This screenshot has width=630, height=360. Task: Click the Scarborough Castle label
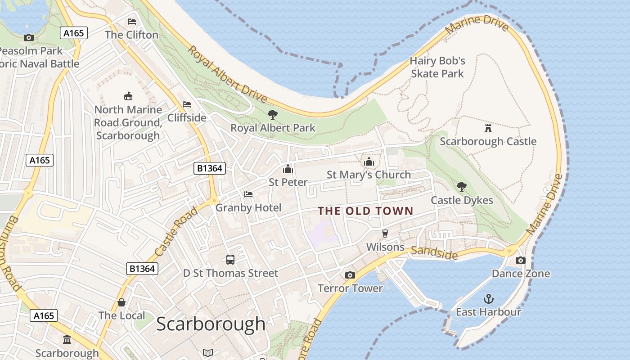[x=488, y=141]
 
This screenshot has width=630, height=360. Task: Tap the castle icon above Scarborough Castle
[x=488, y=128]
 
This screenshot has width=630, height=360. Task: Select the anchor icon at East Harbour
[x=488, y=299]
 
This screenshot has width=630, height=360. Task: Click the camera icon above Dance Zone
[x=520, y=260]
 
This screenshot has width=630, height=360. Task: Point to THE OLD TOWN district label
[x=365, y=211]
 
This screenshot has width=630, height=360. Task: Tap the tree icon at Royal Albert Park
[x=273, y=114]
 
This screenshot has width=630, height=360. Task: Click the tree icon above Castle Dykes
[x=461, y=187]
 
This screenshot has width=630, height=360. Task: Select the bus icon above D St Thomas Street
[x=230, y=260]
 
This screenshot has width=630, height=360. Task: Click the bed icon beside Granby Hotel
[x=248, y=194]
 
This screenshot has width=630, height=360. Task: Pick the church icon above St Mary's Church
[x=369, y=162]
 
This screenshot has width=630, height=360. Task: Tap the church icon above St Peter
[x=288, y=169]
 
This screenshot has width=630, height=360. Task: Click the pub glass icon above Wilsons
[x=385, y=233]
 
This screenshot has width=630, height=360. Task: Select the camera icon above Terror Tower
[x=350, y=275]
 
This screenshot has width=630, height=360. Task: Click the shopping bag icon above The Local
[x=121, y=302]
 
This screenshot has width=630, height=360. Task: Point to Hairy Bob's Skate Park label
[x=437, y=67]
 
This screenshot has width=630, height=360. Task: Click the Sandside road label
[x=434, y=253]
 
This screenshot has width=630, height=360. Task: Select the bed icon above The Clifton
[x=131, y=21]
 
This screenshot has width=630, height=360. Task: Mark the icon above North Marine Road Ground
[x=128, y=96]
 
